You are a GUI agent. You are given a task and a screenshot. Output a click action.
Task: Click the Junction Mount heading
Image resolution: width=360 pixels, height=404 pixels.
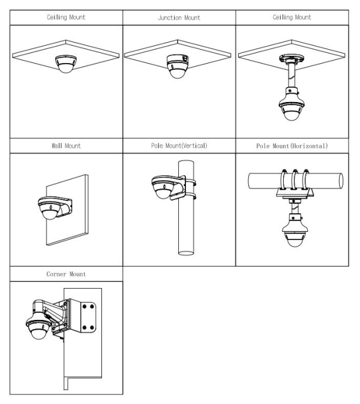click(x=179, y=17)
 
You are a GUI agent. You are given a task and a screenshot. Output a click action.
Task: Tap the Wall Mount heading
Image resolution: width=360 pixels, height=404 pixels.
click(x=66, y=146)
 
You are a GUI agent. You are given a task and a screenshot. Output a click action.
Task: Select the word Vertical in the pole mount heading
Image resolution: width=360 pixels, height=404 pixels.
click(x=194, y=146)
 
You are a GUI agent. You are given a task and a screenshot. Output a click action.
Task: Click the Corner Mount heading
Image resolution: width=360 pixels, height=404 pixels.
click(x=66, y=274)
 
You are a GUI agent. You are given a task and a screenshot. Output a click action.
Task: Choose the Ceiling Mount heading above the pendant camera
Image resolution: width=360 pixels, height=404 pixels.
click(x=292, y=17)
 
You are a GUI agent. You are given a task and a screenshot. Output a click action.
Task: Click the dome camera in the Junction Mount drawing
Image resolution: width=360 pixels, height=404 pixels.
click(x=178, y=66)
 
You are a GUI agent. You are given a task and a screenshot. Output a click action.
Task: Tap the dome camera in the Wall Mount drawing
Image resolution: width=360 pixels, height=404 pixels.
click(x=50, y=208)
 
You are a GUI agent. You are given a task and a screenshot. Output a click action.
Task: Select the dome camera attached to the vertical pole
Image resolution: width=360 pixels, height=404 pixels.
click(x=164, y=187)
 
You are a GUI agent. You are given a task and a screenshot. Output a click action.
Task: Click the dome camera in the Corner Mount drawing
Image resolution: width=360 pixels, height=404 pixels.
click(x=38, y=327)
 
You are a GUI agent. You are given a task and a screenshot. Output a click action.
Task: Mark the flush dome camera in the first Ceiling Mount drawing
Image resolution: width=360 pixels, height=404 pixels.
click(x=65, y=64)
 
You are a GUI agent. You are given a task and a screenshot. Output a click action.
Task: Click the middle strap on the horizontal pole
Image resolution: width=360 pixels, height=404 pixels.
click(x=295, y=179)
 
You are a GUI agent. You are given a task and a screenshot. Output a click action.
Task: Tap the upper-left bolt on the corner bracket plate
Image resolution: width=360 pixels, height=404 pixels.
click(x=85, y=306)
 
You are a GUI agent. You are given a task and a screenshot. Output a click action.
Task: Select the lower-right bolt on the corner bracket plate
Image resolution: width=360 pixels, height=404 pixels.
click(x=92, y=328)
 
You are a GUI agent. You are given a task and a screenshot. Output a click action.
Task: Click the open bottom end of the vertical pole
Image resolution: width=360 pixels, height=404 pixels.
click(x=186, y=253)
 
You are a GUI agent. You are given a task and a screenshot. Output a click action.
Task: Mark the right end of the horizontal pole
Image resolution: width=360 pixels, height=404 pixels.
click(x=341, y=181)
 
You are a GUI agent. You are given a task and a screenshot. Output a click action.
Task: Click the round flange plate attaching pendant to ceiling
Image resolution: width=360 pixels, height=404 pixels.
click(x=292, y=59)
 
